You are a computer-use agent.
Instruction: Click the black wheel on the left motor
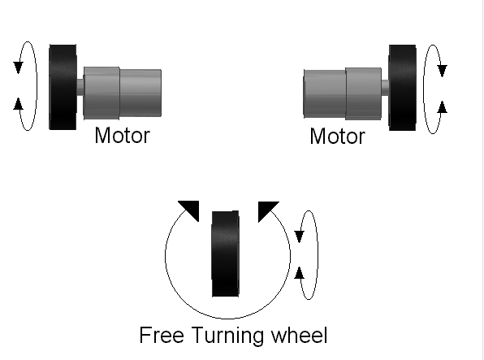[x=62, y=86]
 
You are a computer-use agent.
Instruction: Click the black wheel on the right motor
[x=402, y=87]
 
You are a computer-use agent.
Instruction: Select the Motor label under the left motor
[x=122, y=135]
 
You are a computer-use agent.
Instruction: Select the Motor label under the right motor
[x=337, y=136]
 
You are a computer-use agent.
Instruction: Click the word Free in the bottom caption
[x=160, y=335]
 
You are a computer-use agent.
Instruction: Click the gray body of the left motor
[x=122, y=90]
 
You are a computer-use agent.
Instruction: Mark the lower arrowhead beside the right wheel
[x=442, y=106]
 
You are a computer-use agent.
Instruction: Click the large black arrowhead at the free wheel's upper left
[x=189, y=208]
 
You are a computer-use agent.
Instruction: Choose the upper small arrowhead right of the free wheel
[x=300, y=236]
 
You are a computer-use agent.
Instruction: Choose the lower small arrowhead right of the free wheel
[x=300, y=272]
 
